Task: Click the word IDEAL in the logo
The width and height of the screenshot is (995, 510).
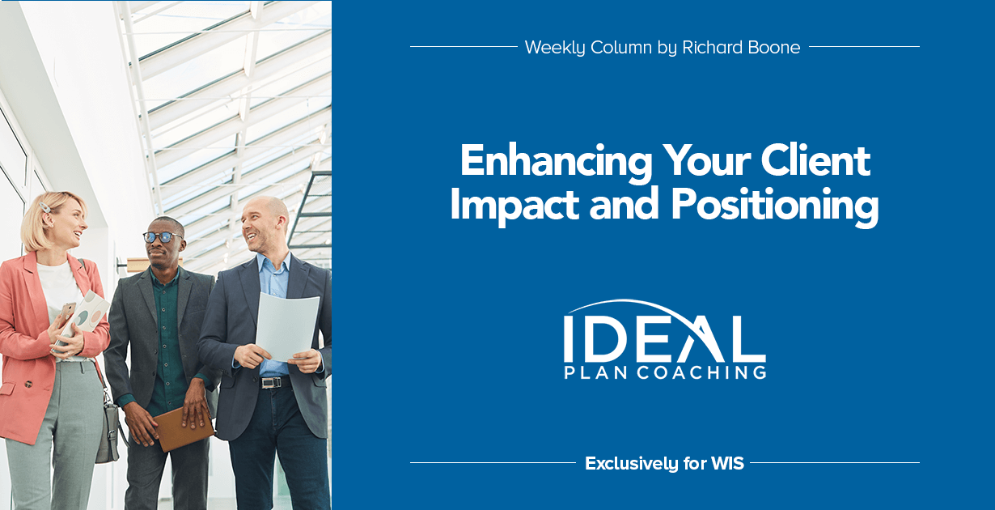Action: click(x=664, y=338)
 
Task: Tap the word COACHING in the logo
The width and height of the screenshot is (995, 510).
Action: click(x=702, y=372)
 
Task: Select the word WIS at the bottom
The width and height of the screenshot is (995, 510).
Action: click(x=727, y=463)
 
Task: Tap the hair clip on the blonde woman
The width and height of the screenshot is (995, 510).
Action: click(x=44, y=208)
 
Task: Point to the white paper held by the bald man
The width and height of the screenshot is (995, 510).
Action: click(x=287, y=327)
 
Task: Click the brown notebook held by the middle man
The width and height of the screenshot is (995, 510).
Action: click(x=183, y=428)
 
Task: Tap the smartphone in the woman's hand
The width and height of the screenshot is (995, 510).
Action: click(x=66, y=313)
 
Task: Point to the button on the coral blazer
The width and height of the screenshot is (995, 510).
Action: click(x=28, y=384)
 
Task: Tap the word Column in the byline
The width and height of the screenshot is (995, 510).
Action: click(x=621, y=47)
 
